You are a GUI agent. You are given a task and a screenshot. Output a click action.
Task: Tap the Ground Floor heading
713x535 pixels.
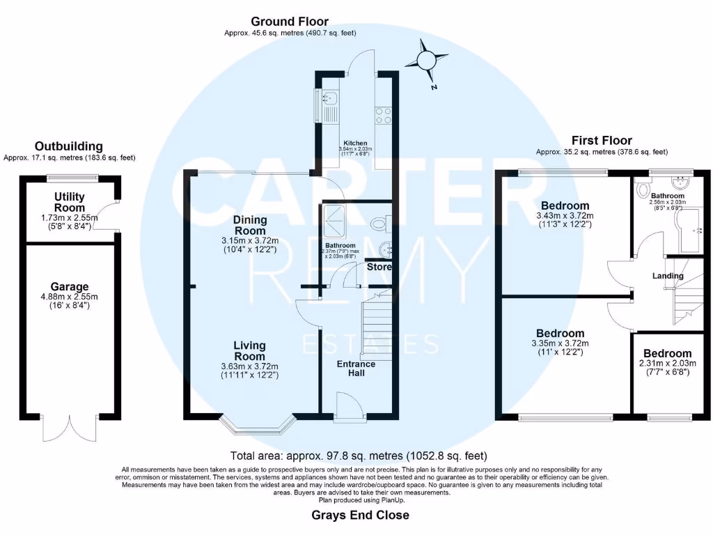(x=290, y=22)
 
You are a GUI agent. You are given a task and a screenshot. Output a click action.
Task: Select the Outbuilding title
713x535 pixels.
(x=69, y=146)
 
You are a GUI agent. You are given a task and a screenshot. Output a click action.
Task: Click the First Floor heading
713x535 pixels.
(x=602, y=140)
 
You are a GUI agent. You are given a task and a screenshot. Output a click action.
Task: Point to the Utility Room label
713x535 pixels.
(x=70, y=203)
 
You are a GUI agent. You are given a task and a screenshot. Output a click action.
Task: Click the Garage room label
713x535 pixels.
(x=70, y=286)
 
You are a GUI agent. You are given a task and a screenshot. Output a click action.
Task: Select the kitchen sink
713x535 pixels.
(x=329, y=107)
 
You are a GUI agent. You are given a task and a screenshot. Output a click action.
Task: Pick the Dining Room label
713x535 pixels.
(x=249, y=225)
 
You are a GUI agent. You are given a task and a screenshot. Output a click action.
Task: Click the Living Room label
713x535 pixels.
(x=249, y=351)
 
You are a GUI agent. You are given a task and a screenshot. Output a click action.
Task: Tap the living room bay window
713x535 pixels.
(x=258, y=421)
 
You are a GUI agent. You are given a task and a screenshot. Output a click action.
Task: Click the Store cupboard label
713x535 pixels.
(x=379, y=267)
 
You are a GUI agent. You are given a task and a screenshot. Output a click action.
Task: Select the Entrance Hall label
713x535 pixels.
(x=356, y=369)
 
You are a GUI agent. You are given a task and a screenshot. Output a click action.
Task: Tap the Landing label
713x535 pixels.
(x=668, y=276)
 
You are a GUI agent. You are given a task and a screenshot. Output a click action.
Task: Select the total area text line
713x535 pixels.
(x=359, y=457)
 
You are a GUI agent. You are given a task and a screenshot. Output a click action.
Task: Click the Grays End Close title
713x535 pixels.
(x=359, y=515)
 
